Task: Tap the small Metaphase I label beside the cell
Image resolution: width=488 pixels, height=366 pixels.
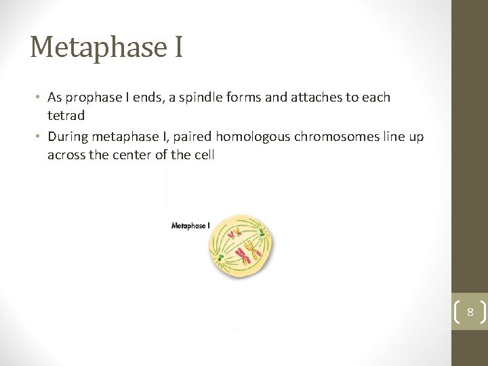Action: click(190, 226)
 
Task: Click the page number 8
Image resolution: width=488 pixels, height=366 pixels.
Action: click(470, 312)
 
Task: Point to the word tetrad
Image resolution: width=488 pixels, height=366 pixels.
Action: click(66, 116)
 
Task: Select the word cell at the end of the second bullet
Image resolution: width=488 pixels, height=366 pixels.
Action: click(203, 155)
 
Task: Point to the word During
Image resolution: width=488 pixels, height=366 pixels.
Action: click(68, 137)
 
